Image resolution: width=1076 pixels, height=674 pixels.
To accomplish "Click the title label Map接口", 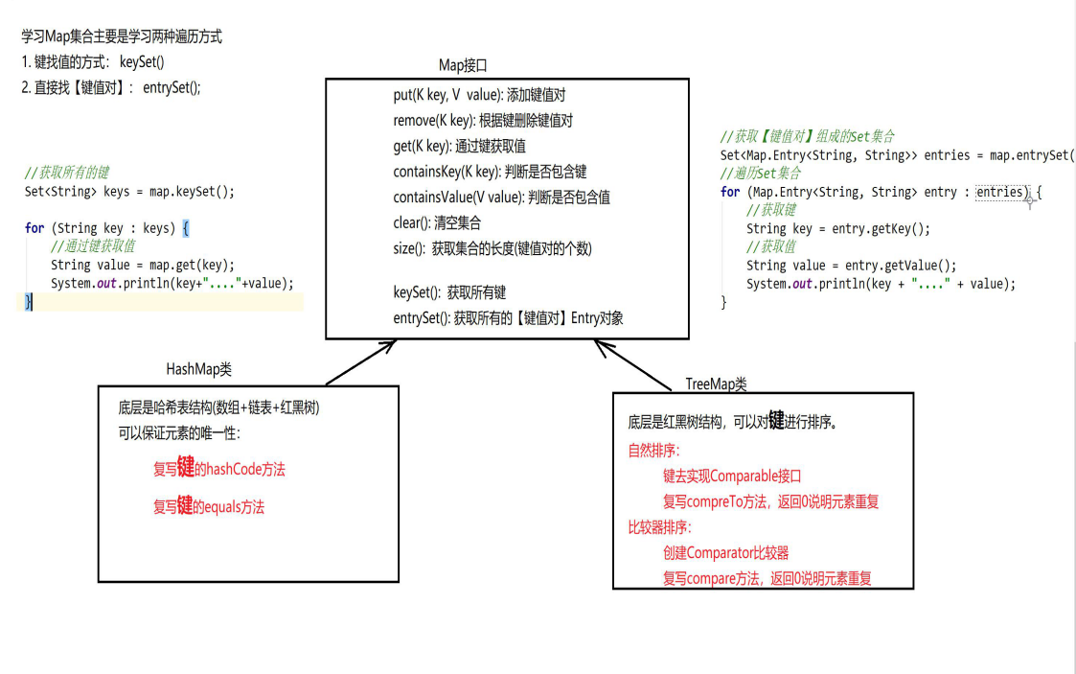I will pos(463,65).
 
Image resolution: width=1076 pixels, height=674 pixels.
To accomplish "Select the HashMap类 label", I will pos(198,369).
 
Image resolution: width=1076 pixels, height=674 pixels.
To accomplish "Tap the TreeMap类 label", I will pos(716,383).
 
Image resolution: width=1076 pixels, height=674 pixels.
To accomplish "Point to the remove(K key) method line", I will pos(483,121).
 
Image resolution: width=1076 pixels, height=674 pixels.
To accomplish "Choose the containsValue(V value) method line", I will pos(501,198).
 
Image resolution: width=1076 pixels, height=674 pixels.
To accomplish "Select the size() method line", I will pos(492,248).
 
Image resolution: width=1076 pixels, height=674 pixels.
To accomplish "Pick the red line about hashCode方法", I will pos(219,469).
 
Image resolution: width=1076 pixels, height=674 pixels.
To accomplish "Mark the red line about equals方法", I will pos(209,506).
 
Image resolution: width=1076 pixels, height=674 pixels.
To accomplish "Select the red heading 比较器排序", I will pos(660,527).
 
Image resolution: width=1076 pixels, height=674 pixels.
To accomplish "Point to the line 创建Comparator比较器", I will pos(725,552).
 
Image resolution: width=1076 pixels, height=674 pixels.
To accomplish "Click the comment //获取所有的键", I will pos(67,173).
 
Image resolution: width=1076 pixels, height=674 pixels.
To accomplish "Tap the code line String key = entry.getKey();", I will pos(838,229).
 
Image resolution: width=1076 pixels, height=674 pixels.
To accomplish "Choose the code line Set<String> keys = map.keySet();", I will pos(129,192).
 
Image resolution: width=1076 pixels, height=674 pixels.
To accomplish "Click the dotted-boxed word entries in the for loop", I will pos(1000,192).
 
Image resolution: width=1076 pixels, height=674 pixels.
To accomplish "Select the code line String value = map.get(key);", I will pos(143,265).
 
